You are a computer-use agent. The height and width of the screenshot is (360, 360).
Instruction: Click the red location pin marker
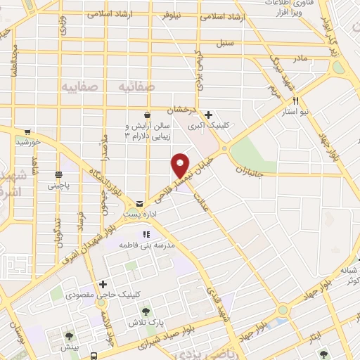pyautogui.click(x=181, y=165)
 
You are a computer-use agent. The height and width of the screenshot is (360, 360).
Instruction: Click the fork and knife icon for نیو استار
pyautogui.click(x=296, y=100)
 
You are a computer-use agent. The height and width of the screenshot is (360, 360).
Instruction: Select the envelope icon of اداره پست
pyautogui.click(x=140, y=203)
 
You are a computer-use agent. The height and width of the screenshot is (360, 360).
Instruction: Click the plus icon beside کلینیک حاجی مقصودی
pyautogui.click(x=103, y=284)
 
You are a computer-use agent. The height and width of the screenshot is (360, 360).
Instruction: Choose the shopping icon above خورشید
pyautogui.click(x=27, y=131)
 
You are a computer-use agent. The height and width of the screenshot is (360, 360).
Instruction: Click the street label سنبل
pyautogui.click(x=244, y=44)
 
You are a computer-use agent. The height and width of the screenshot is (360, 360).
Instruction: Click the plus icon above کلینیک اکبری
pyautogui.click(x=208, y=115)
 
